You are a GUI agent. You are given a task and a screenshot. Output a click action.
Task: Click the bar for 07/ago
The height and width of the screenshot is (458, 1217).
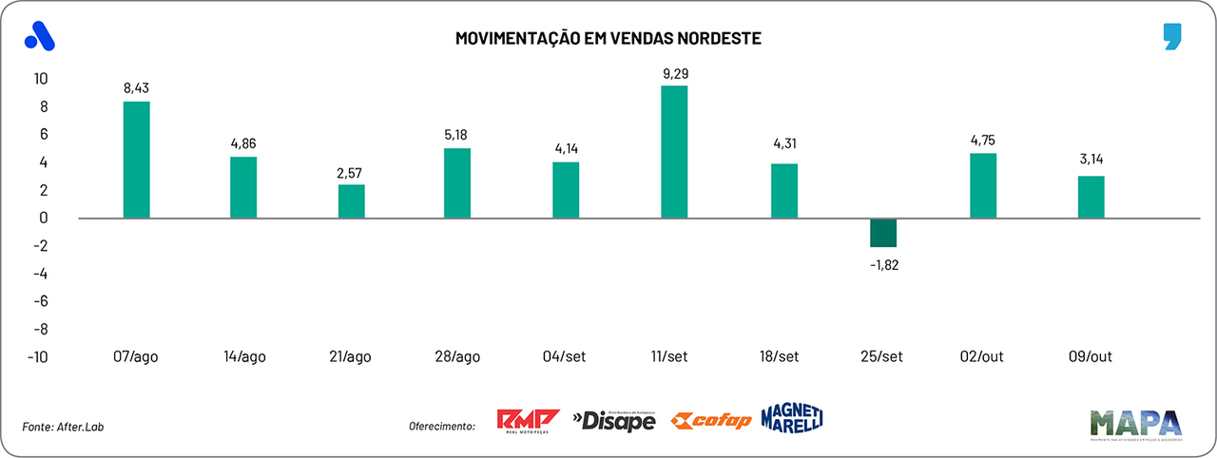pos(137,160)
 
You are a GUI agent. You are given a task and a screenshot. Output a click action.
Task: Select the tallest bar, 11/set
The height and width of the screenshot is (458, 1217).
pos(674,152)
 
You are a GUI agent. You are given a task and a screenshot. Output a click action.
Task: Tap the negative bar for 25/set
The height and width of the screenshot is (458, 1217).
pos(883,233)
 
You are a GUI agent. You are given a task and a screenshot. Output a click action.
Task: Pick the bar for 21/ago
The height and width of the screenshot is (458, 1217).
pos(352,201)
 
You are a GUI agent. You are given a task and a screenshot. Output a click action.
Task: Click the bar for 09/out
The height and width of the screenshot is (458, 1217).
pos(1091,197)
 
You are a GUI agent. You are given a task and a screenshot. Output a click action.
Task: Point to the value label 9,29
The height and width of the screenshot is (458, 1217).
pos(674,72)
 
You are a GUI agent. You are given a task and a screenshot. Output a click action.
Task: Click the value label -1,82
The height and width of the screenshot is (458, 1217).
pos(883,265)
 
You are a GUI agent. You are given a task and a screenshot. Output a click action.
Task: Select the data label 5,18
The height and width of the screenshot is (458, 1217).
pos(458,135)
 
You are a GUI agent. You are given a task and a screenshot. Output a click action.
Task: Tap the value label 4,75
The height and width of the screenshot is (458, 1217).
pos(983,140)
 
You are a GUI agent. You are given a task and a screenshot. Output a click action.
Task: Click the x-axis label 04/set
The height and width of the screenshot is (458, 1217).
pos(567,357)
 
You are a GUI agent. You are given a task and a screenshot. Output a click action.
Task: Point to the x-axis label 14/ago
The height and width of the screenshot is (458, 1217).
pos(243,357)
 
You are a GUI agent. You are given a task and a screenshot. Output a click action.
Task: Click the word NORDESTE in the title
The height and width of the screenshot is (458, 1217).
pos(718,38)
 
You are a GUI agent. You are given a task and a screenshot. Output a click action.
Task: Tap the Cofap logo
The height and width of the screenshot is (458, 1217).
pos(711,421)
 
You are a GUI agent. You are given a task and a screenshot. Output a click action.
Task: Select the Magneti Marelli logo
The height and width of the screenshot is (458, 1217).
pos(791,418)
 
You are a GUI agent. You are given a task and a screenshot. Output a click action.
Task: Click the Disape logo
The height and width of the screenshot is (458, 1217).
pos(614,420)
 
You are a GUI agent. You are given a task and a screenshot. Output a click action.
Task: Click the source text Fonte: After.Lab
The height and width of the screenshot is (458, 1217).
pos(63,427)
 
